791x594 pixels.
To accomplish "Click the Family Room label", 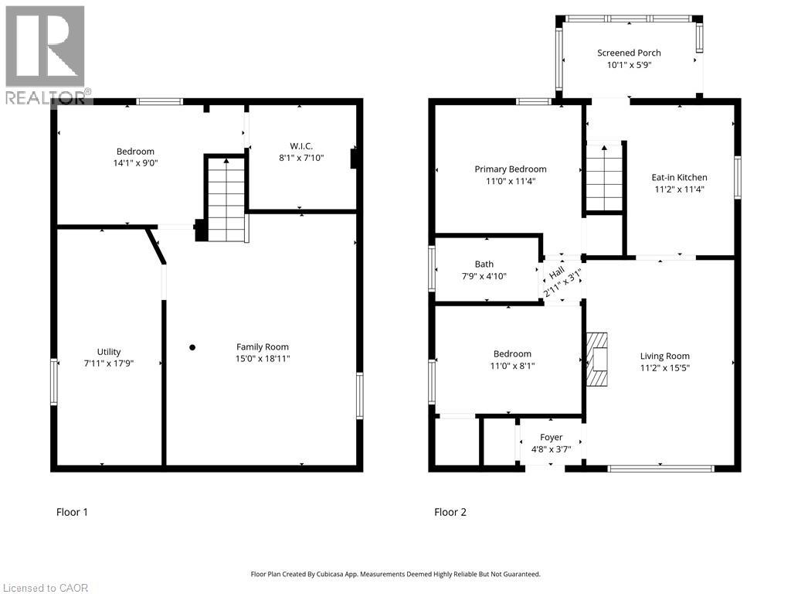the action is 263,347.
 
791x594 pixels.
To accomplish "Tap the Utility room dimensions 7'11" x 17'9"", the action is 108,364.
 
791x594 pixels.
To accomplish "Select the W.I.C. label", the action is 301,146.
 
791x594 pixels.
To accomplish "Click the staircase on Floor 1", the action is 226,200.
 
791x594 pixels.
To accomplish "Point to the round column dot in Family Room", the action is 192,347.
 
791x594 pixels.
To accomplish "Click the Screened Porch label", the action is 629,53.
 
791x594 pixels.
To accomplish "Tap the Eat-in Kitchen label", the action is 679,177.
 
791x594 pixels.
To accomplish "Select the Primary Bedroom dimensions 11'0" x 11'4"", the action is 511,181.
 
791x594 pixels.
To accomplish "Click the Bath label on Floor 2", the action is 484,265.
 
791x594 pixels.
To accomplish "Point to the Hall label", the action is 556,273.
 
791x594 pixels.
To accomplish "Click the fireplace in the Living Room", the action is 597,359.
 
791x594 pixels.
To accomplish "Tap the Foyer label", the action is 551,438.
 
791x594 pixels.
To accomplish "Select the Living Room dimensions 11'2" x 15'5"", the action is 664,368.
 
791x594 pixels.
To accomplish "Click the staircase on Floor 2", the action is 604,177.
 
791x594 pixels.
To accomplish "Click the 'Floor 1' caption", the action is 72,512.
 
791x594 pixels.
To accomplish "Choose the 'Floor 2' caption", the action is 450,512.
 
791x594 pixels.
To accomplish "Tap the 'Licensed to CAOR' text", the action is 46,588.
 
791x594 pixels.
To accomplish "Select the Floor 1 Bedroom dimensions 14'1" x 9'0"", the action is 135,163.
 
